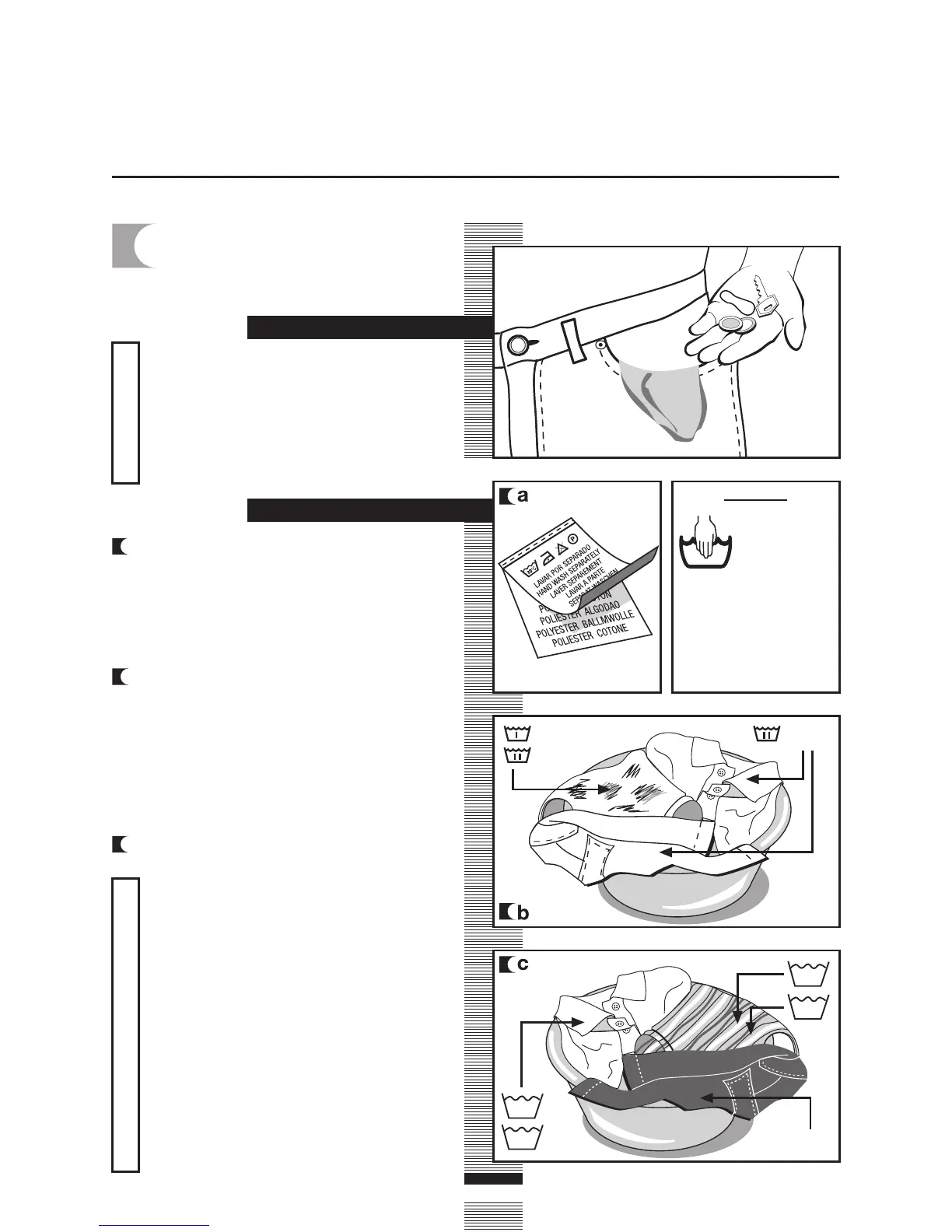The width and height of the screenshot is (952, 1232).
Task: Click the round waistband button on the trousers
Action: tap(516, 344)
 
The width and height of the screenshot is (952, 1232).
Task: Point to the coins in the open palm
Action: tap(735, 325)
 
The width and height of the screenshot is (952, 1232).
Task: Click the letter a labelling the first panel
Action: tap(523, 495)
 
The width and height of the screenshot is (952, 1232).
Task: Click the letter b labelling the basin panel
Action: tap(523, 912)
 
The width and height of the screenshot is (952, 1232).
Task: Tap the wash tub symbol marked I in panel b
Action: tap(517, 733)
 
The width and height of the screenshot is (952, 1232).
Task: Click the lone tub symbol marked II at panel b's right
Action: tap(766, 733)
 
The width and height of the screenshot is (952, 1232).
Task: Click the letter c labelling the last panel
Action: tap(523, 964)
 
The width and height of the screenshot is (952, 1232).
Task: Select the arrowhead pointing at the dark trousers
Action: tap(706, 1097)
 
